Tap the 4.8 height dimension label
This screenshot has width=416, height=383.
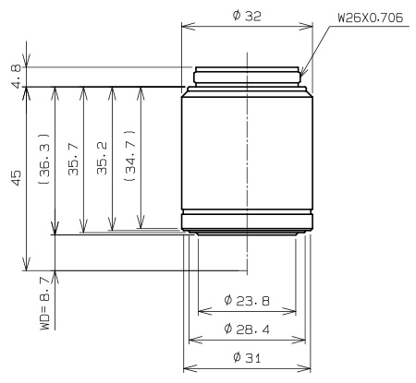[13, 77]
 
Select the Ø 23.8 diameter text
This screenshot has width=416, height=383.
[247, 299]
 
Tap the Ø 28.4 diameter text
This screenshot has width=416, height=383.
[247, 329]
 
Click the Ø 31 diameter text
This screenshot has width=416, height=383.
[247, 357]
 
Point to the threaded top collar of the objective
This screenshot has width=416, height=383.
[247, 77]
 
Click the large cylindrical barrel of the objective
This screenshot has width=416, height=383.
[247, 152]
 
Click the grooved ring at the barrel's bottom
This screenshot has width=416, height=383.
[247, 221]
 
